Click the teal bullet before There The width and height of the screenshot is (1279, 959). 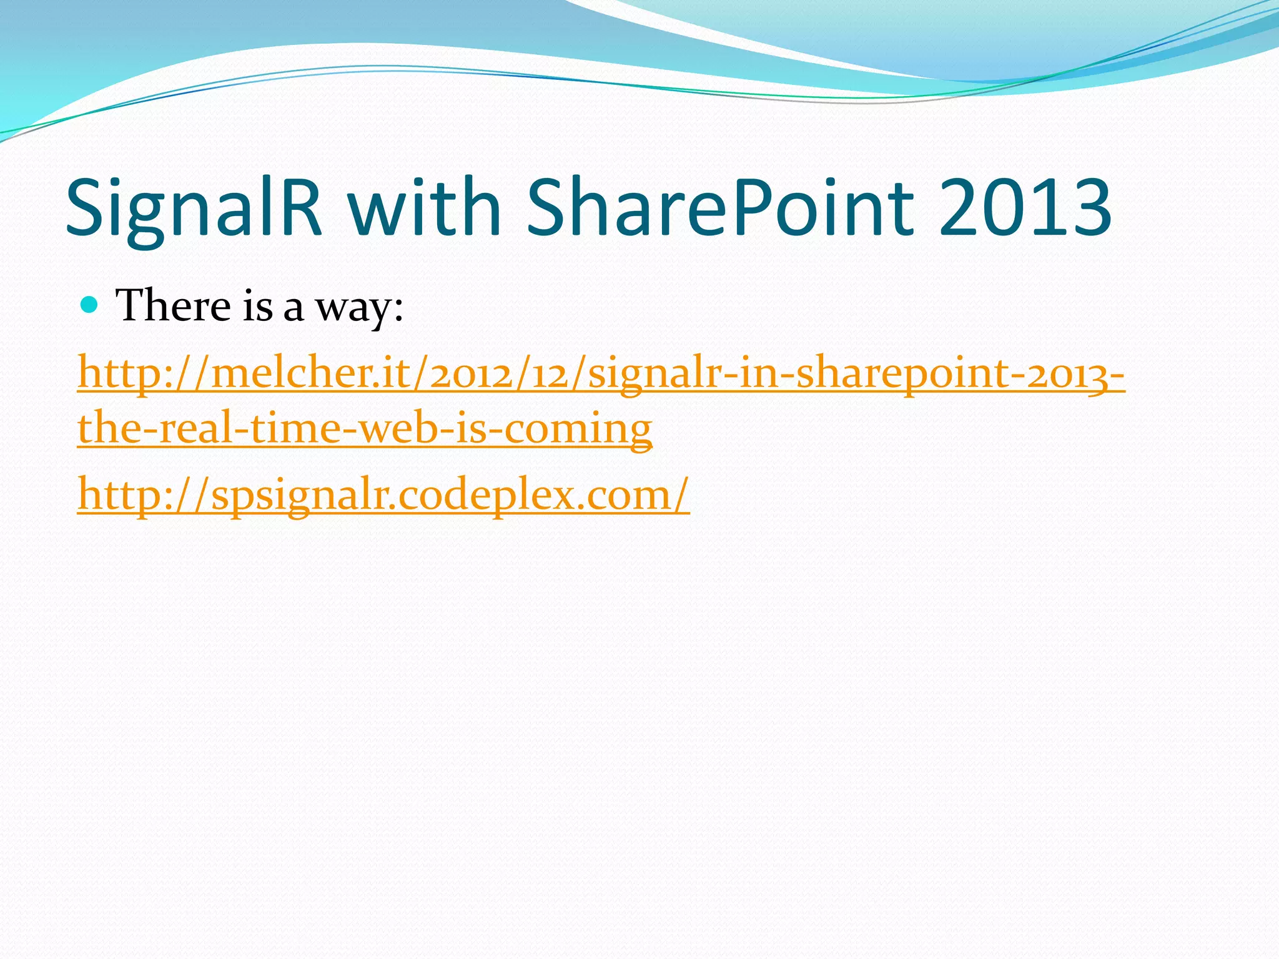coord(90,305)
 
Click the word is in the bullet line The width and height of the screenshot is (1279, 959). coord(258,306)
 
